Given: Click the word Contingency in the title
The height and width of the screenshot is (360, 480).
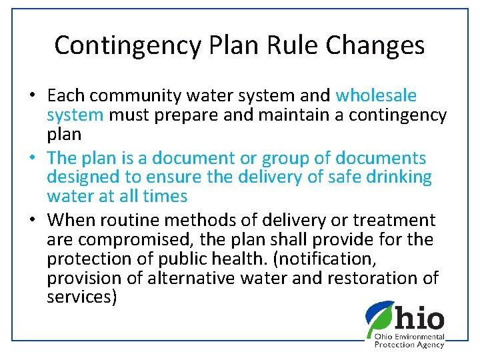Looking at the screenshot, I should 128,45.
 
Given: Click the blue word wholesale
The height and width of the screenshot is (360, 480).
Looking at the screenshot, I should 376,96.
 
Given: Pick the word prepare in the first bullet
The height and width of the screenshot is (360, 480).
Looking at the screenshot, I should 185,115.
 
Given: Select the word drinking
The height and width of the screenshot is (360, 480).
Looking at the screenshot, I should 396,177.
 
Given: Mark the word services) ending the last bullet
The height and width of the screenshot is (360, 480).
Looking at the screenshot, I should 82,297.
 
